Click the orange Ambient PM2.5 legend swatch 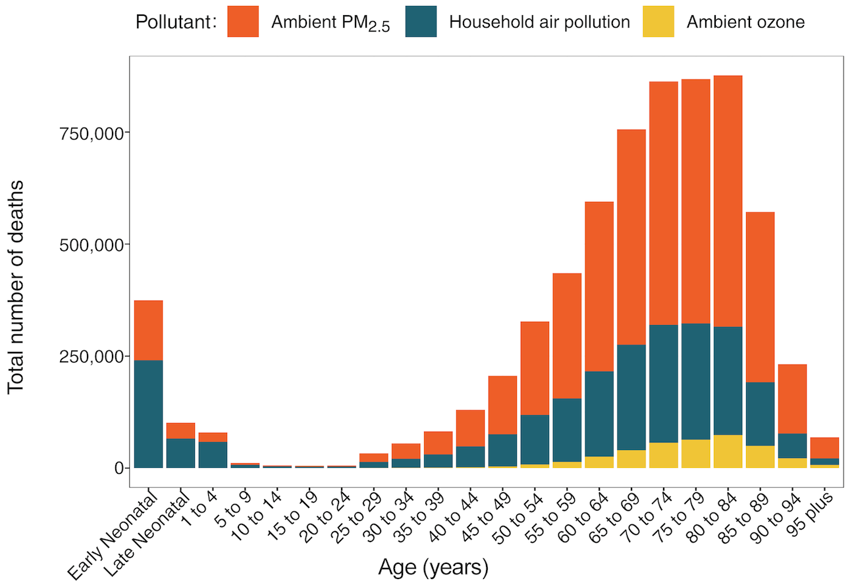coord(243,22)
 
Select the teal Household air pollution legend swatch coord(421,22)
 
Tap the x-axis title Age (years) coord(433,567)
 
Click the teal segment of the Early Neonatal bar coord(148,415)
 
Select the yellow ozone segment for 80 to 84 coord(728,451)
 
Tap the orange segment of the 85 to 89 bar coord(760,296)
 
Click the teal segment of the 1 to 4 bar coord(213,455)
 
